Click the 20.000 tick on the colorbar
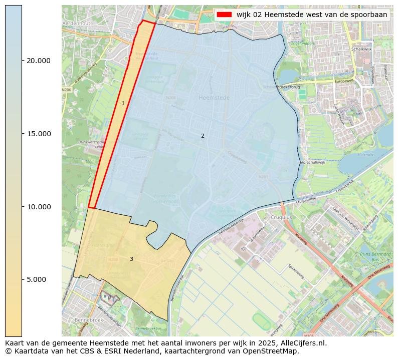pyautogui.click(x=38, y=61)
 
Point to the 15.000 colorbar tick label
pyautogui.click(x=38, y=134)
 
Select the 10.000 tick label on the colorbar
pyautogui.click(x=38, y=207)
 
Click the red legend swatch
pyautogui.click(x=224, y=15)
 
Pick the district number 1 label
pyautogui.click(x=123, y=104)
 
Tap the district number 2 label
pyautogui.click(x=203, y=136)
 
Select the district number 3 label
pyautogui.click(x=131, y=259)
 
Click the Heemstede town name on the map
pyautogui.click(x=214, y=98)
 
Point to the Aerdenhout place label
pyautogui.click(x=76, y=24)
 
